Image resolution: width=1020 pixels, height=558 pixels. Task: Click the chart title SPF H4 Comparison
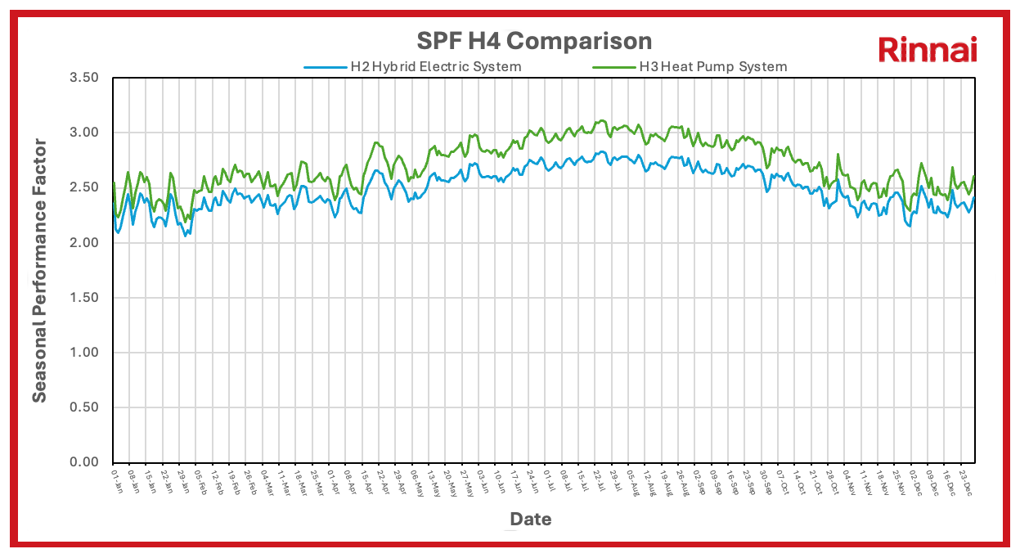coord(535,41)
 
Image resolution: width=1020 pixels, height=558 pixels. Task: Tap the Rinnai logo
coord(928,50)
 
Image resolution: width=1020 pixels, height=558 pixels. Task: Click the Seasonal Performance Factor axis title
coord(39,270)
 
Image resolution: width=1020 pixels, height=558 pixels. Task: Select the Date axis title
coord(531,519)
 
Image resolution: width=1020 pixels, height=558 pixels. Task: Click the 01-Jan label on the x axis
coord(115,479)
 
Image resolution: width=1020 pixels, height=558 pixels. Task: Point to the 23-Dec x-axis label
coord(963,480)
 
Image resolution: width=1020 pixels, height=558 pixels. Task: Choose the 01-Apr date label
coord(332,479)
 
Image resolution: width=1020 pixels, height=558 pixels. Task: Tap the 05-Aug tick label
coord(631,480)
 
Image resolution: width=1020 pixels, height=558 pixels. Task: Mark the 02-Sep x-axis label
coord(698,480)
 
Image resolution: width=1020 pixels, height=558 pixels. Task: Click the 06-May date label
coord(416,480)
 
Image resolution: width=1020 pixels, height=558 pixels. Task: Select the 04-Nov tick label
coord(847,480)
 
